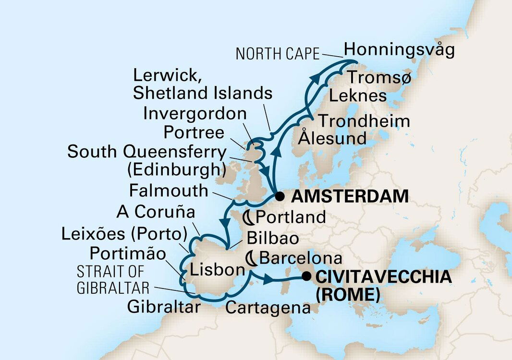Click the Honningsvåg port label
[399, 50]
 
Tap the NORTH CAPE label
[277, 54]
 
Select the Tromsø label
[379, 77]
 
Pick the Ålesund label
[332, 139]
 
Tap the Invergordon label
[195, 114]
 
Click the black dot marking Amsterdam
[278, 196]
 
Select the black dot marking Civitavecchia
[305, 276]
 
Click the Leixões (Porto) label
[124, 234]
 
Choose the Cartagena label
[268, 308]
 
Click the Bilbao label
[272, 238]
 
